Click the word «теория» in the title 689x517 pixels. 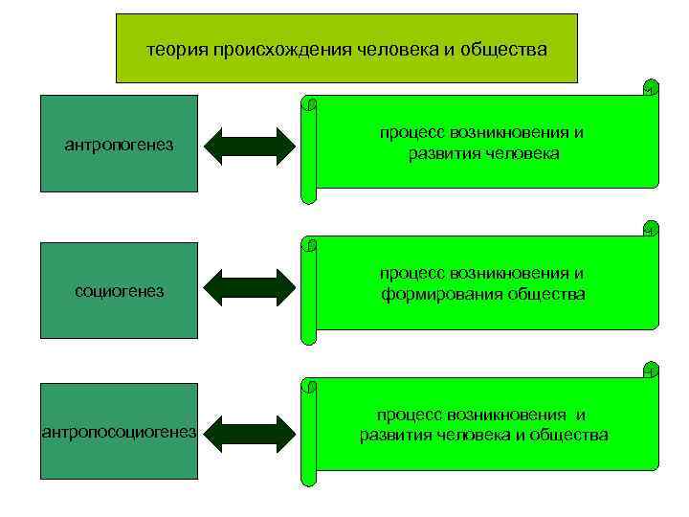pos(178,48)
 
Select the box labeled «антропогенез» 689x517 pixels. pos(120,145)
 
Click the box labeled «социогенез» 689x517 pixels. pos(120,291)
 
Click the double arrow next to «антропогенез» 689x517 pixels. pos(252,146)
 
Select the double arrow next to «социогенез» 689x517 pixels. pos(252,287)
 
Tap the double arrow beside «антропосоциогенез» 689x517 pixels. pos(252,433)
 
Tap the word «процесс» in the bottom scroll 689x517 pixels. pos(409,415)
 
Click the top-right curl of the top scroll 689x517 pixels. pos(650,87)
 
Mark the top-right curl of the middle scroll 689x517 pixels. pos(650,228)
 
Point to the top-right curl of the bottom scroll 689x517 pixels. pos(650,369)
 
